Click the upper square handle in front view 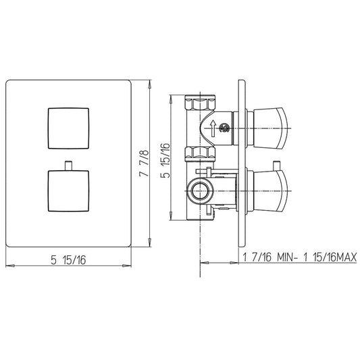point(68,128)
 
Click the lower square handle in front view point(68,190)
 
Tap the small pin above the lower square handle point(68,165)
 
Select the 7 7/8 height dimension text point(144,163)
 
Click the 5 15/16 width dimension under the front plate point(68,260)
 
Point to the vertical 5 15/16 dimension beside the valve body point(165,161)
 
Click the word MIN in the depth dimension point(286,257)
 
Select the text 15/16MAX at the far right point(335,257)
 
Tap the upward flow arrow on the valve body point(213,128)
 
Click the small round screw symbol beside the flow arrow point(224,128)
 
